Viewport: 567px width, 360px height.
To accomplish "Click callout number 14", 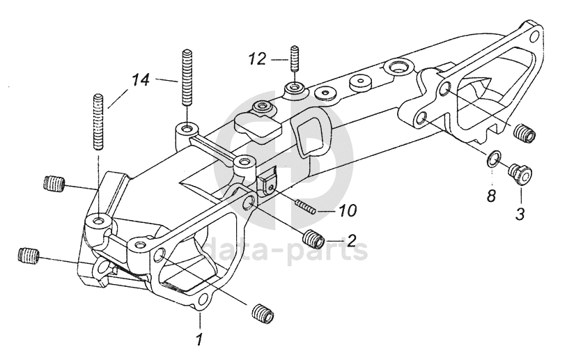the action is point(140,80).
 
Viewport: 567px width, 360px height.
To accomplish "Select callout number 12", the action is point(257,59).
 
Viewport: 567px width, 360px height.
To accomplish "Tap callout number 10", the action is point(348,210).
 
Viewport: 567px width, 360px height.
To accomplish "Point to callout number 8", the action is point(490,196).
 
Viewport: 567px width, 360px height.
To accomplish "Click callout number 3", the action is point(520,214).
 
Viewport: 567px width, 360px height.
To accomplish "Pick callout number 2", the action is point(352,240).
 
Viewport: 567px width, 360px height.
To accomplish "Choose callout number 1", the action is point(199,339).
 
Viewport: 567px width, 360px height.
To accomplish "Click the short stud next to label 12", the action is point(295,60).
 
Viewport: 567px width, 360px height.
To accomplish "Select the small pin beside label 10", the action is point(306,207).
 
